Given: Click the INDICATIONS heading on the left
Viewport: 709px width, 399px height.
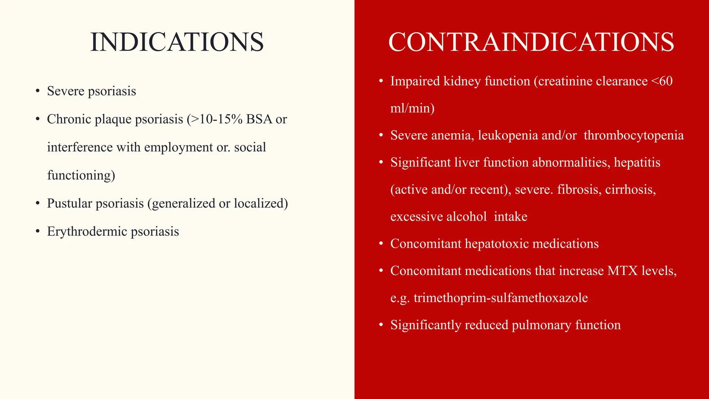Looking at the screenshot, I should pos(177,42).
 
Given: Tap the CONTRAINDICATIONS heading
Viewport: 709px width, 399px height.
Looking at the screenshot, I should pos(531,42).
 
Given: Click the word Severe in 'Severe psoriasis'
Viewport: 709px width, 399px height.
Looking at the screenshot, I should pos(65,91).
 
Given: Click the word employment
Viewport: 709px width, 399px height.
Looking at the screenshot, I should pos(179,148).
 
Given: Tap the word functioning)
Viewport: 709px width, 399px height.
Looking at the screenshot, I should pos(81,175).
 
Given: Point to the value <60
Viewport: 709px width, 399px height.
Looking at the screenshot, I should pos(662,81).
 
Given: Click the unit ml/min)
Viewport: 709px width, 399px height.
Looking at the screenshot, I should pos(412,108).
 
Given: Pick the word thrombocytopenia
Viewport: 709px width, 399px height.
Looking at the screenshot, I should pos(634,135).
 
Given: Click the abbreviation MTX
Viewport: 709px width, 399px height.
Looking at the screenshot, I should pos(622,271).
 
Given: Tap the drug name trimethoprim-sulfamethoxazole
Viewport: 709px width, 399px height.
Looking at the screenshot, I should pos(501,298).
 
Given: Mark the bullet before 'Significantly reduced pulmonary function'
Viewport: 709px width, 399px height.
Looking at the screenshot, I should pos(381,325).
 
